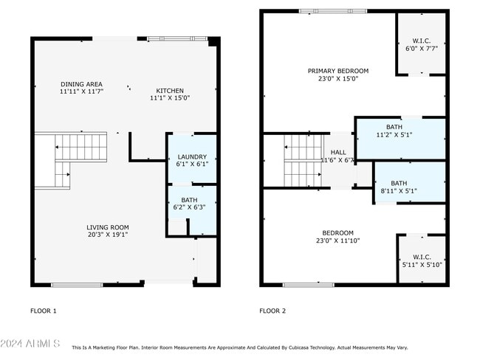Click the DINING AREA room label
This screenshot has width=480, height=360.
(81, 84)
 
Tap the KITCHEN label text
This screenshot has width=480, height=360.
(170, 91)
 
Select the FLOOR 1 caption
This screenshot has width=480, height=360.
(43, 311)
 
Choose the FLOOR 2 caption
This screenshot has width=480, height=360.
(272, 311)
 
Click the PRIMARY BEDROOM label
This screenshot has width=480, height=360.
(337, 71)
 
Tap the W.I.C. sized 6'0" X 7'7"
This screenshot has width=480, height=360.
(422, 45)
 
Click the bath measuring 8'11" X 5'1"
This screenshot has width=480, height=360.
(399, 187)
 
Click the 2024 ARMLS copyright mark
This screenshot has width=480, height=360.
(30, 345)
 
